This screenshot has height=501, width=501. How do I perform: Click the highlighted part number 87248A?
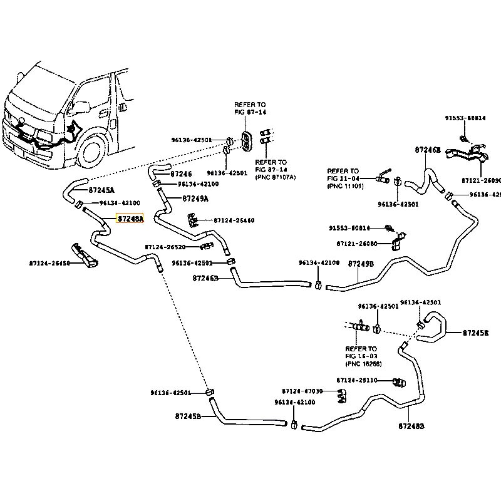(130, 219)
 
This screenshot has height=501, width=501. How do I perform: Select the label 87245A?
(101, 190)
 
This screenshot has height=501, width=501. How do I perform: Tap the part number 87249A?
(195, 199)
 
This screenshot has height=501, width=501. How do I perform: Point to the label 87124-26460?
(234, 220)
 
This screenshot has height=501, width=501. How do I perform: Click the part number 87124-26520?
(165, 247)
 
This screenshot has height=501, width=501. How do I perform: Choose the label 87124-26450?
(49, 264)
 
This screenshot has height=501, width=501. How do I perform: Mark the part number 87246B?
(205, 277)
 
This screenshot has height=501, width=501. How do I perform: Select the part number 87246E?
(428, 150)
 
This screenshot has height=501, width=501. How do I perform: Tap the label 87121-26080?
(357, 244)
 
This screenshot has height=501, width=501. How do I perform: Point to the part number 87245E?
(476, 333)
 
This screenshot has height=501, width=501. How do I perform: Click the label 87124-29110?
(357, 380)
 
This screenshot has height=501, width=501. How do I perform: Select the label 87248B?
(411, 426)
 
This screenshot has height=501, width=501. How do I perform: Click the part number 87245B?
(188, 416)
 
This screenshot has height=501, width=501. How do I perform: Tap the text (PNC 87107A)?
(276, 178)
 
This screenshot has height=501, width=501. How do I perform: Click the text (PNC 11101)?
(345, 187)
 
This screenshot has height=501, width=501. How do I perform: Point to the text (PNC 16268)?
(363, 364)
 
